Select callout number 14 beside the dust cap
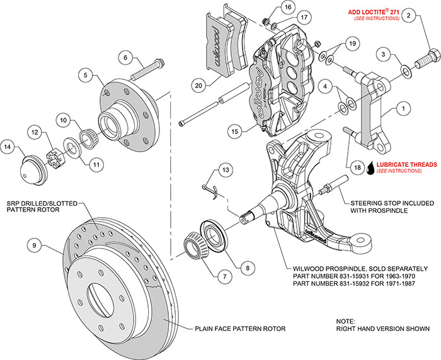[x=9, y=147]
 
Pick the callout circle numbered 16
[x=287, y=8]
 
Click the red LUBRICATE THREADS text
[x=406, y=164]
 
